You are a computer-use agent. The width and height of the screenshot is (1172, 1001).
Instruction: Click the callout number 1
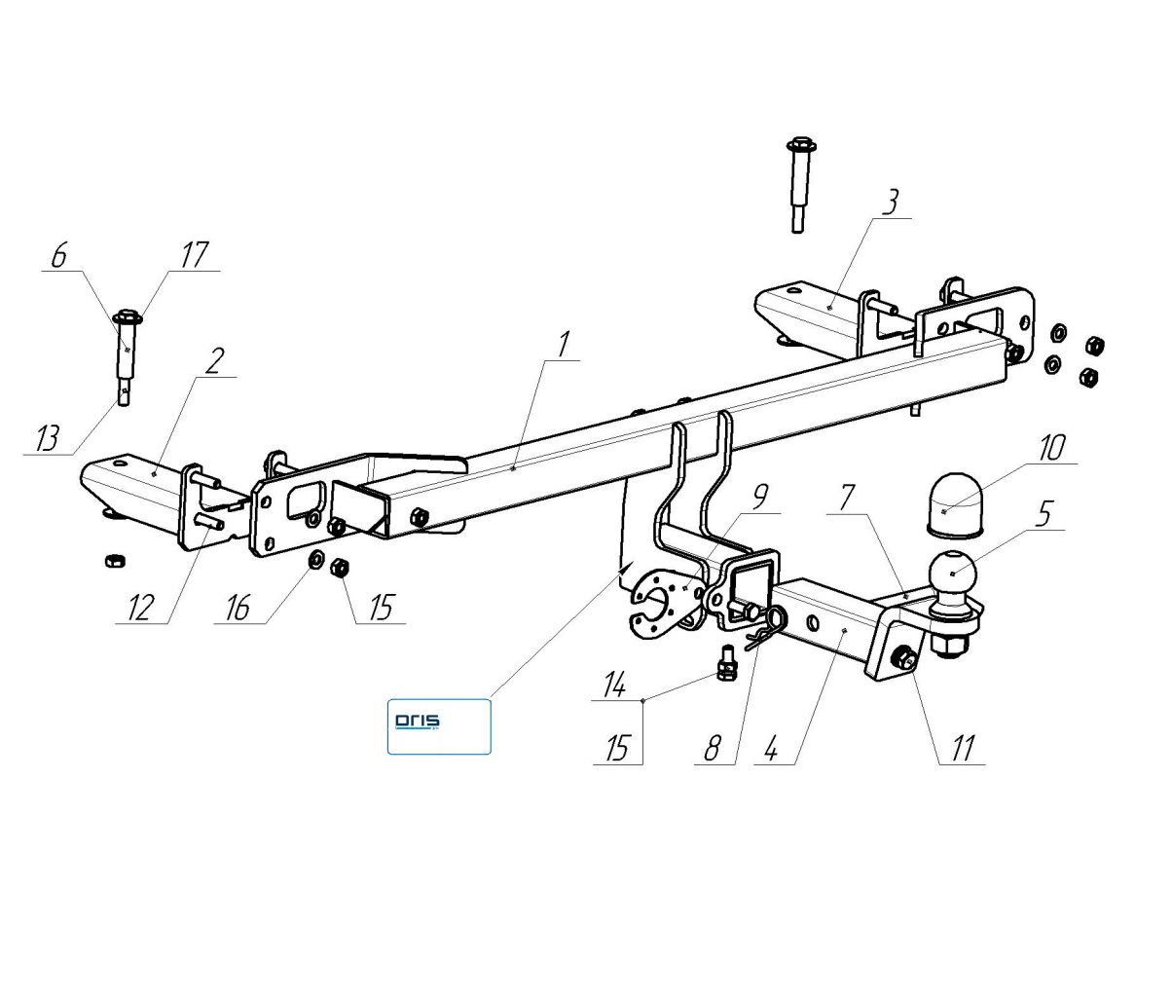[x=562, y=346]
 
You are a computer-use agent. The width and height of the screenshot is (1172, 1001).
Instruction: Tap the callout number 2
[x=213, y=360]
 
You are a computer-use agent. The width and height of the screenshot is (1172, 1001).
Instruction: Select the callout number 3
[x=891, y=202]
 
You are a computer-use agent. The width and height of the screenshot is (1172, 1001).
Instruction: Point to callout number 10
[x=1053, y=448]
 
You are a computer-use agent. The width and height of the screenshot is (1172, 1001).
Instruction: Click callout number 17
[x=194, y=255]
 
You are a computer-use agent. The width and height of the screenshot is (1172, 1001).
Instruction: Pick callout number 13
[x=48, y=438]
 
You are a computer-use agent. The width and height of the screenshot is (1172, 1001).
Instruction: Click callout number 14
[x=614, y=685]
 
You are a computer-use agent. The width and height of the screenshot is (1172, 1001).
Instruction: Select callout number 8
[x=713, y=748]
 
